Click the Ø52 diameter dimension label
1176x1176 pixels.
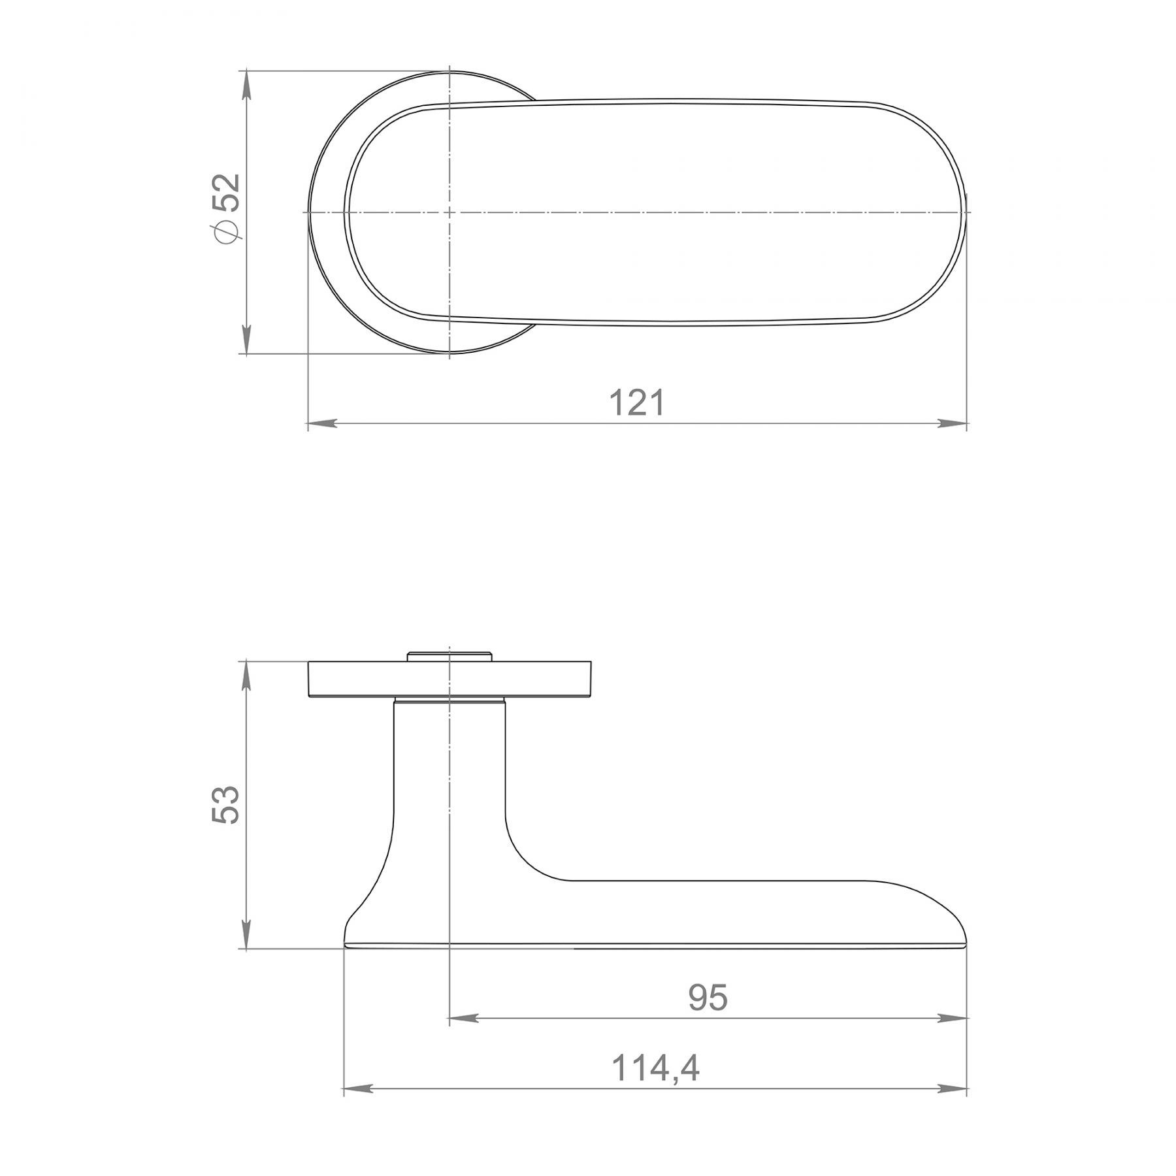point(227,208)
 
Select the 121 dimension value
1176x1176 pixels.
point(637,402)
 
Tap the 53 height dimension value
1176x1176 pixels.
point(227,804)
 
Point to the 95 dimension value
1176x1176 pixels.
point(708,998)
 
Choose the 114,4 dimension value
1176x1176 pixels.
point(655,1069)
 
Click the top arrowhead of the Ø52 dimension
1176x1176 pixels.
point(246,86)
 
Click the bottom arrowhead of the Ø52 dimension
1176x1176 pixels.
point(246,338)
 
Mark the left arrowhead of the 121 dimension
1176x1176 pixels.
point(323,423)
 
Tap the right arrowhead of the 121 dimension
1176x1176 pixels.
point(952,423)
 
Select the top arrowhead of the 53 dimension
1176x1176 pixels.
point(246,677)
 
